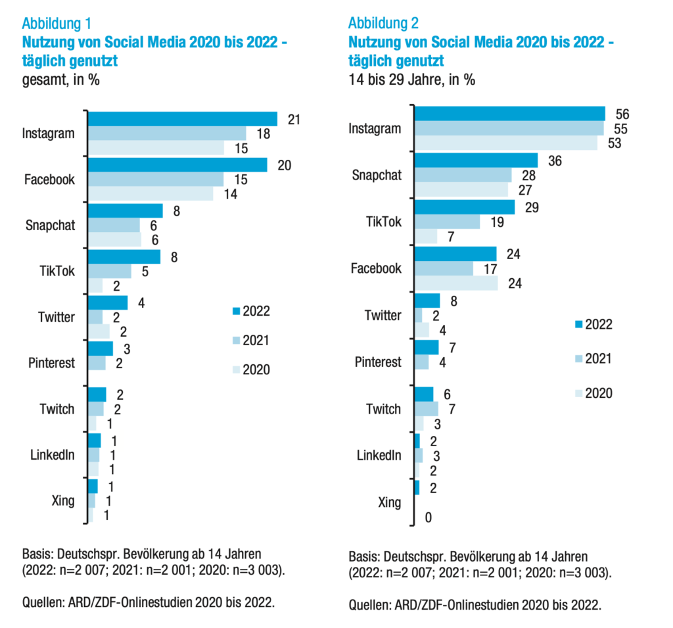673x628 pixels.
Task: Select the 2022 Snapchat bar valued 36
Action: click(476, 160)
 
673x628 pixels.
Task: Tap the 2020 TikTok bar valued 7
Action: click(426, 236)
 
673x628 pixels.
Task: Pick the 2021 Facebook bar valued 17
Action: click(444, 268)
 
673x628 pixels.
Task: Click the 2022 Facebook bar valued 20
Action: click(177, 164)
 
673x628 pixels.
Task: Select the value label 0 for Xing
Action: click(428, 518)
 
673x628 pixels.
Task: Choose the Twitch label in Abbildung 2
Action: click(383, 409)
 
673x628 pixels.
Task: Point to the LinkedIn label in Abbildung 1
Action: click(52, 454)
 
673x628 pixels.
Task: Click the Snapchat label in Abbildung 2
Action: click(376, 175)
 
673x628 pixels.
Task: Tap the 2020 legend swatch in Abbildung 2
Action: click(578, 393)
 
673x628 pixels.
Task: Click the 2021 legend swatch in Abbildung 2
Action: click(578, 358)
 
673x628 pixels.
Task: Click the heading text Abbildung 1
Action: click(57, 24)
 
